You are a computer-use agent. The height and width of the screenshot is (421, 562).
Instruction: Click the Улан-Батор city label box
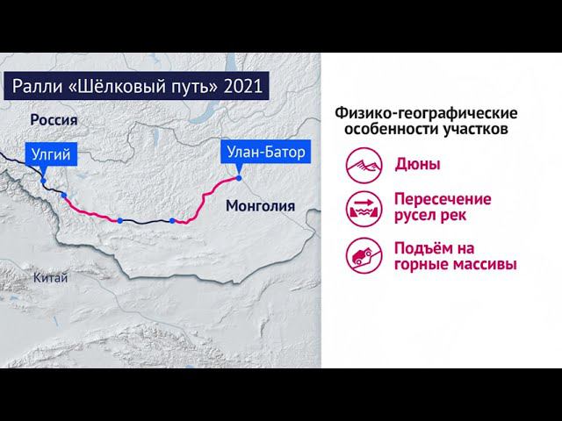264,153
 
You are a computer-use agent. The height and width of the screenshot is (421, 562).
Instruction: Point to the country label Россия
54,120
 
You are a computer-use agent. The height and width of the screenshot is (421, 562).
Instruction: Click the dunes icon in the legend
362,164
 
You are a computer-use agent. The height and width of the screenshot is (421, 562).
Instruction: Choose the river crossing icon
362,208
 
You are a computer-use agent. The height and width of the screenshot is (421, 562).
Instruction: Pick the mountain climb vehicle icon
362,253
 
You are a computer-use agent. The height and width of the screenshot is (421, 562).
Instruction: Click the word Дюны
418,164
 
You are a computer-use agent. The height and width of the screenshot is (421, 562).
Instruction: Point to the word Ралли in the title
36,88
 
